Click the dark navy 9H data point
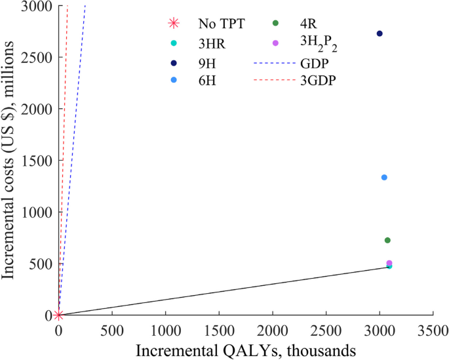(x=380, y=33)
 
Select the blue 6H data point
(x=384, y=178)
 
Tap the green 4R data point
(x=387, y=241)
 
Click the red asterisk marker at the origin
(x=58, y=315)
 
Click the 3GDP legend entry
(x=317, y=82)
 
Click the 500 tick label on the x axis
(x=112, y=327)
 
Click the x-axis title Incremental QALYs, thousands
(x=246, y=348)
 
